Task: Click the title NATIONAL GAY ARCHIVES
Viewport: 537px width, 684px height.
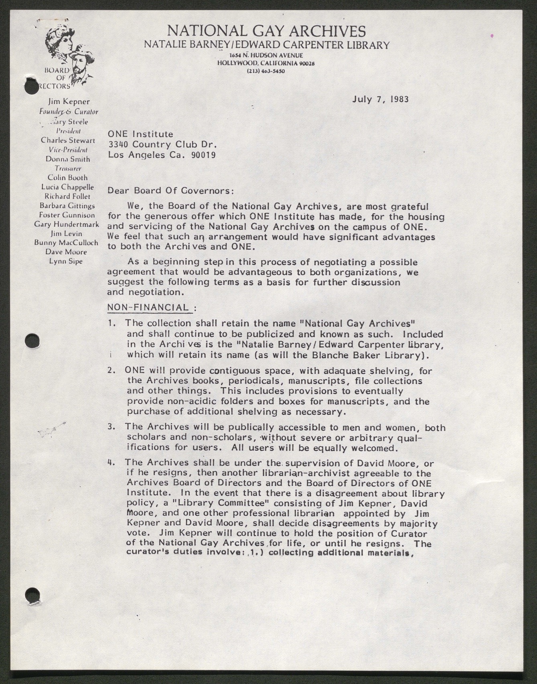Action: pos(266,31)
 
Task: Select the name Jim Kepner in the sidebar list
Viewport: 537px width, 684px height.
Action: pos(69,102)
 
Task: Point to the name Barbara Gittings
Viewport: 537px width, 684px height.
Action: pos(67,206)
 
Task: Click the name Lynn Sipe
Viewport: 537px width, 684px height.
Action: pos(66,261)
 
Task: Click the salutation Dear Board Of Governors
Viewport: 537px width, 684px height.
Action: pos(170,191)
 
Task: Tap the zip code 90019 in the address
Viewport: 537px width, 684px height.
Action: pos(203,155)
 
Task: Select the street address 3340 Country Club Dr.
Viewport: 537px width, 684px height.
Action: pos(162,144)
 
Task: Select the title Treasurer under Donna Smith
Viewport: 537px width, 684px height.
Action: pos(68,168)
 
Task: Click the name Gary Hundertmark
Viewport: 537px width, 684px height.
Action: pos(67,224)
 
